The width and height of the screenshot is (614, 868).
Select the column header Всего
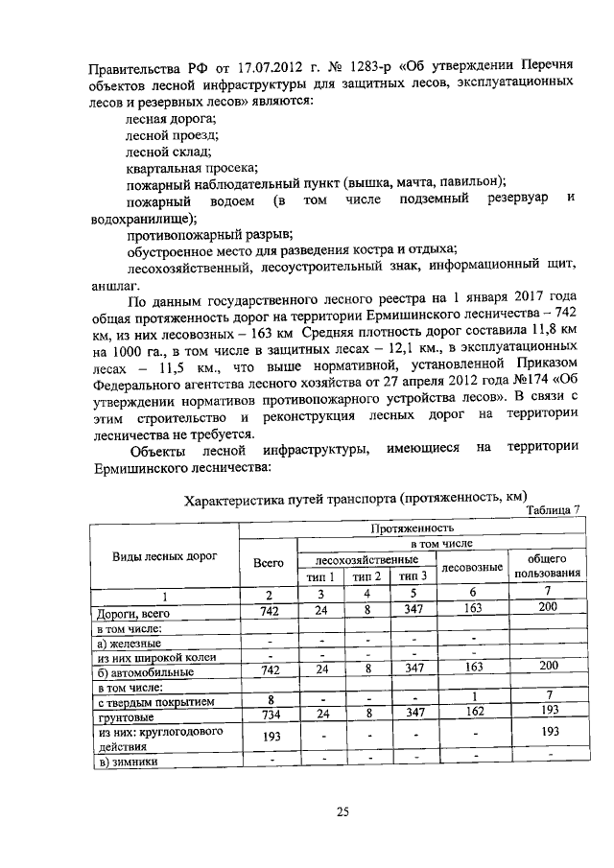pyautogui.click(x=268, y=565)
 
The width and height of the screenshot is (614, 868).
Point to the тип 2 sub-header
pyautogui.click(x=366, y=576)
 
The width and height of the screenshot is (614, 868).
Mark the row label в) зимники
pyautogui.click(x=130, y=762)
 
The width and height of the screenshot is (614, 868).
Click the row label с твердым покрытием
pyautogui.click(x=148, y=700)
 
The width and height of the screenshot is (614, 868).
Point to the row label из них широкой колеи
pyautogui.click(x=156, y=656)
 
